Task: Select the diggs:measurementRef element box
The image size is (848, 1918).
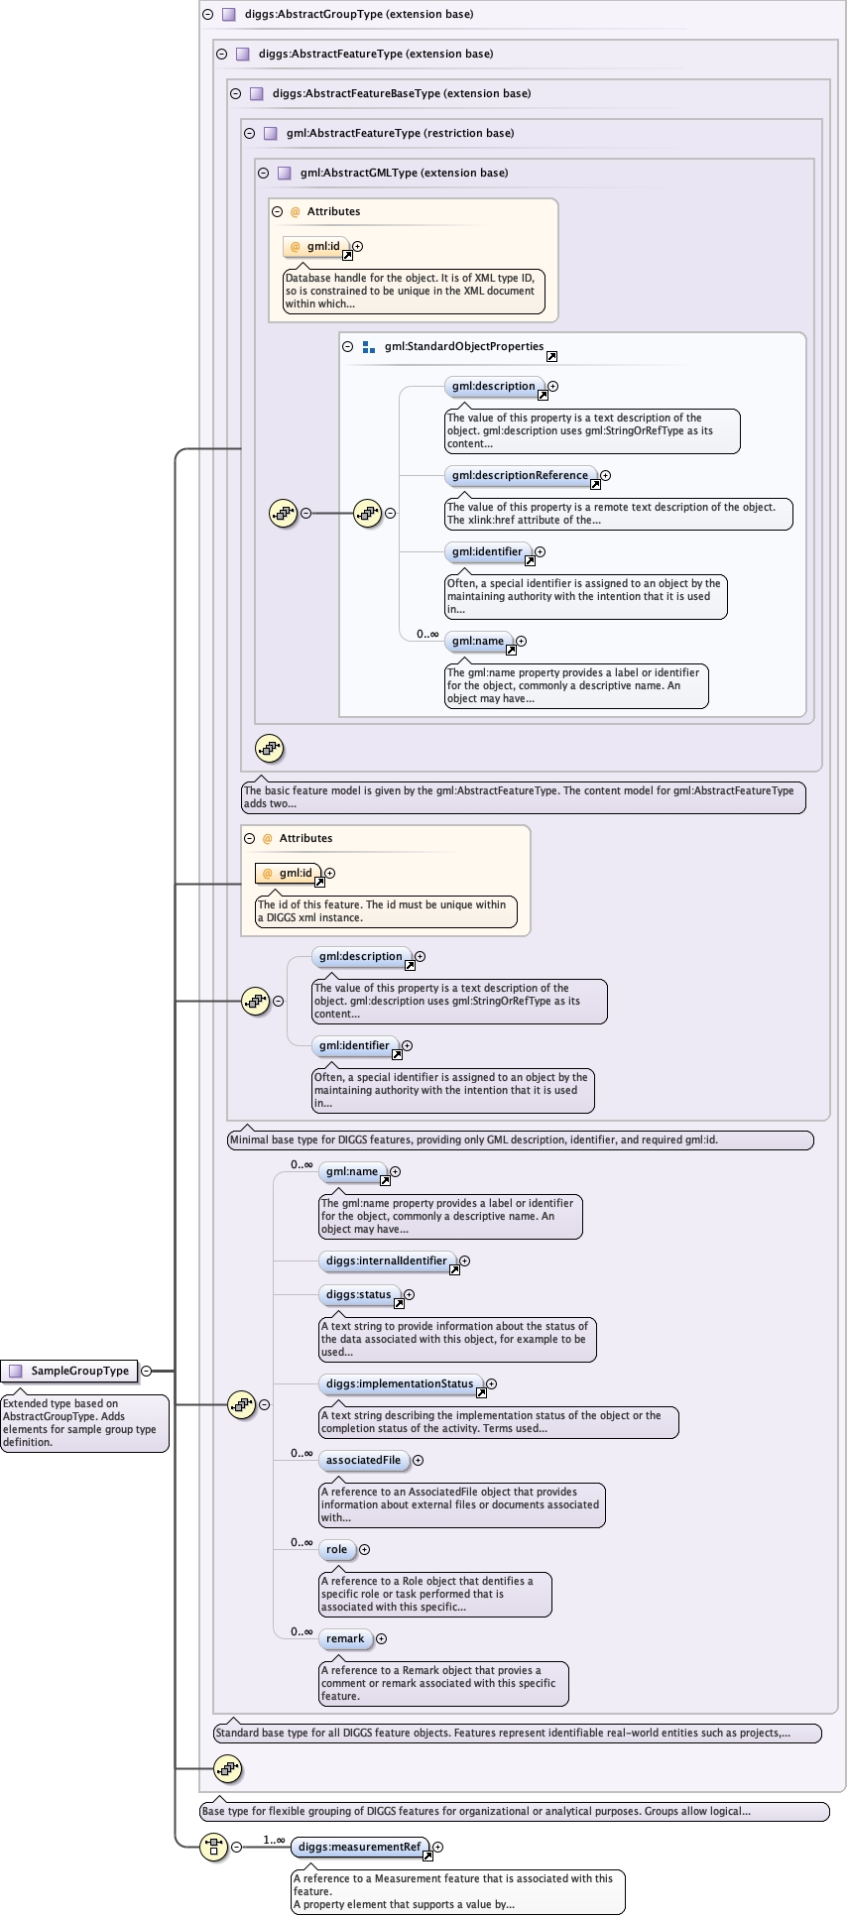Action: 359,1847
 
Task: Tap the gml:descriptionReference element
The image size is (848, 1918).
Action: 520,475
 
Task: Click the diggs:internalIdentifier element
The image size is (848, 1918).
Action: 386,1260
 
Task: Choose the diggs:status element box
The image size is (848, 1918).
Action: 358,1294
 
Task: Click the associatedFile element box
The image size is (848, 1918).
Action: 363,1460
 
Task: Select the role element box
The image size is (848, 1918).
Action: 336,1549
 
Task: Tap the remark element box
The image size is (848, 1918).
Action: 345,1638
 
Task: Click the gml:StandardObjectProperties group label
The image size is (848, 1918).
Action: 463,346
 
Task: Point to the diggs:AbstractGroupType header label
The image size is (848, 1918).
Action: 358,14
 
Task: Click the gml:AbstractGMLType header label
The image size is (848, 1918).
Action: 404,173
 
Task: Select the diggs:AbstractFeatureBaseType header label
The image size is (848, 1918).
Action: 401,93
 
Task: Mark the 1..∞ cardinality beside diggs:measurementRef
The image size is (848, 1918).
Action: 274,1840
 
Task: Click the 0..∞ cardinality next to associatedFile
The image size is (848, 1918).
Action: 302,1453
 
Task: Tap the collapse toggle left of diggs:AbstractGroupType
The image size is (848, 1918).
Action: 207,14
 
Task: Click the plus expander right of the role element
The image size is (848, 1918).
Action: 364,1549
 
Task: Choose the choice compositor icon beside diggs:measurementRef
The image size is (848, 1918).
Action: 214,1847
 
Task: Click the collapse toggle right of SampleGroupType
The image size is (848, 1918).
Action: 147,1371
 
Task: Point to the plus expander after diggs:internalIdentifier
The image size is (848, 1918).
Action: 464,1260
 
